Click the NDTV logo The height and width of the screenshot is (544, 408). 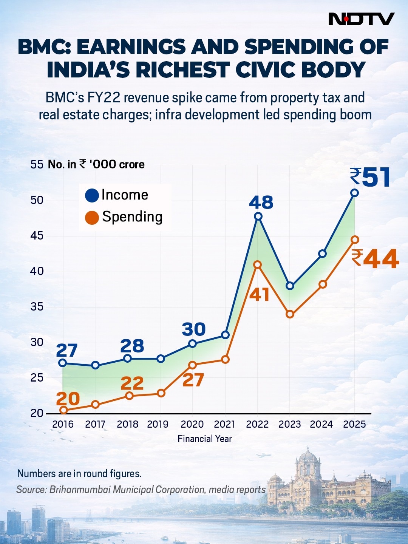[x=361, y=19]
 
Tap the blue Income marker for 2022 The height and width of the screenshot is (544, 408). [x=258, y=216]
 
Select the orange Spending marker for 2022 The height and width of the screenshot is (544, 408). [x=257, y=265]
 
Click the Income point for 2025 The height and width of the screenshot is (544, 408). [x=354, y=193]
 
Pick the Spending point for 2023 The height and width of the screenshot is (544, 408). [x=290, y=314]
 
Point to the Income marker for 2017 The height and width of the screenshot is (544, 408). [x=95, y=365]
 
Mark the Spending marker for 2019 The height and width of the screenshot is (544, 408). [x=161, y=393]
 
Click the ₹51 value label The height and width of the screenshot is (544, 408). [x=370, y=178]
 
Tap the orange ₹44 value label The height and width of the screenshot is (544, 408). [x=375, y=259]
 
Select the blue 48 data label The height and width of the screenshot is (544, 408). [x=261, y=202]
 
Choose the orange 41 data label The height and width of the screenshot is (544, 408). [x=259, y=295]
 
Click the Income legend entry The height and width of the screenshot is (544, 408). [x=117, y=195]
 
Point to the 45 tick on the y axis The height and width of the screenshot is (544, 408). [x=37, y=236]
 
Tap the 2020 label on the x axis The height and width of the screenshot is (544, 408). [x=192, y=424]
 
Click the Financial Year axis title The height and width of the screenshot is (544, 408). [x=204, y=439]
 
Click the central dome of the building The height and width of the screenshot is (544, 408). [x=308, y=459]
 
